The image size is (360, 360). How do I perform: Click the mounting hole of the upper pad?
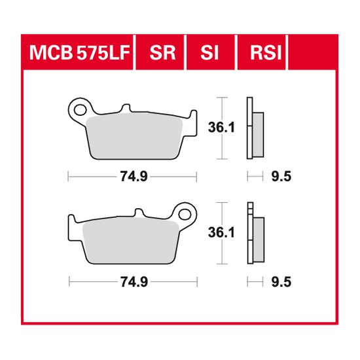tap(81, 106)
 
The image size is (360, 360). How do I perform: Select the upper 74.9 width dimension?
tap(133, 176)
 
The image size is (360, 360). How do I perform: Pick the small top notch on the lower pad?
tap(138, 213)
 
